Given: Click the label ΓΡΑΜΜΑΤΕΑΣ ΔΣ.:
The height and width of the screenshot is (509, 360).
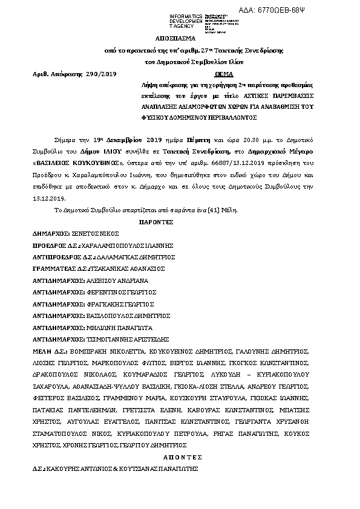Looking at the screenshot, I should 60,268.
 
